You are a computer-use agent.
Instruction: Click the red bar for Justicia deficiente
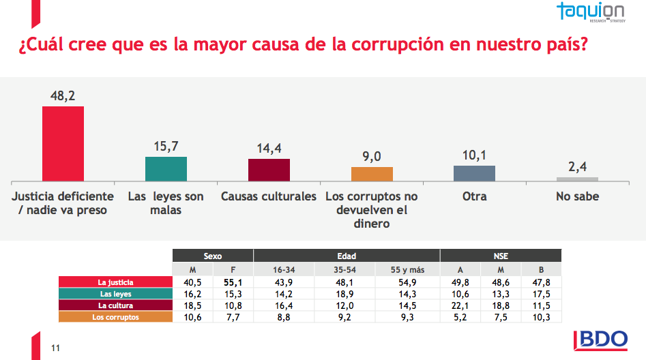coord(63,143)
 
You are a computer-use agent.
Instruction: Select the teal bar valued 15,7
coord(166,168)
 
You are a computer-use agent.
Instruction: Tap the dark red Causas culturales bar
coord(269,169)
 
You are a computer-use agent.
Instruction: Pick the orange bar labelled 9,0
coord(372,173)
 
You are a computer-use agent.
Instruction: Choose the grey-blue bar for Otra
coord(474,172)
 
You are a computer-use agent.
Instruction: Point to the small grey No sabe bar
coord(577,179)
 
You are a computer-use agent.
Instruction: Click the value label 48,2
coord(63,96)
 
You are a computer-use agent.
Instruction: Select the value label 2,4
coord(577,167)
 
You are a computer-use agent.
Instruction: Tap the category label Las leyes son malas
coord(166,203)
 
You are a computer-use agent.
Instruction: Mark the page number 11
coord(56,349)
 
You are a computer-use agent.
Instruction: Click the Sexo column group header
coord(212,256)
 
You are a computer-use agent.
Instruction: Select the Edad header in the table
coord(347,256)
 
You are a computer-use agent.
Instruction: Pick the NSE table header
coord(501,256)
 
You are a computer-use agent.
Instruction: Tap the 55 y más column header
coord(407,269)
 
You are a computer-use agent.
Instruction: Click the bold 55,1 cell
coord(233,282)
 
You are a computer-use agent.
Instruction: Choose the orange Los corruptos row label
coord(115,317)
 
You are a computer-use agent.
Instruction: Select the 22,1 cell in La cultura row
coord(460,305)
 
